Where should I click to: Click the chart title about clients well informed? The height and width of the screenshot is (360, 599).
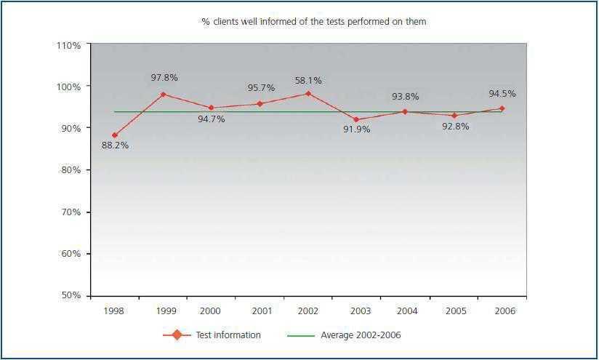313,22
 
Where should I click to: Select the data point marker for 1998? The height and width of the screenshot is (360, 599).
115,135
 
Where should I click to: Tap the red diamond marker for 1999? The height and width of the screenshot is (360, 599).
163,95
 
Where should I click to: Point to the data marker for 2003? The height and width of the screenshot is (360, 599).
356,119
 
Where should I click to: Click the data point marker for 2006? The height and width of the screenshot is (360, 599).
502,108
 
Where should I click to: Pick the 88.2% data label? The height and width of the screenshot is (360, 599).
115,145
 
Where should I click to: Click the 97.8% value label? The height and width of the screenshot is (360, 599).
164,78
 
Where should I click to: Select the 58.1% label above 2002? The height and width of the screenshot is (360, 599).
307,81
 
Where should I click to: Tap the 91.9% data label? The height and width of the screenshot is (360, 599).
356,129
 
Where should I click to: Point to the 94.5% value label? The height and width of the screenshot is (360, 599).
502,94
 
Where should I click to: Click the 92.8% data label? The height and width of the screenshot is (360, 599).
455,126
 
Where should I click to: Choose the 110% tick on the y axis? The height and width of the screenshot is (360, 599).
68,45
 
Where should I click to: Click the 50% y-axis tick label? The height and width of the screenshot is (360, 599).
71,296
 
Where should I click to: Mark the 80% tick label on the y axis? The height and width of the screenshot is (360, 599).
71,170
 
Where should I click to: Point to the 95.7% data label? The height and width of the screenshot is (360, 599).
260,88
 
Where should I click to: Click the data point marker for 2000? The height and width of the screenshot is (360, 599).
211,108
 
